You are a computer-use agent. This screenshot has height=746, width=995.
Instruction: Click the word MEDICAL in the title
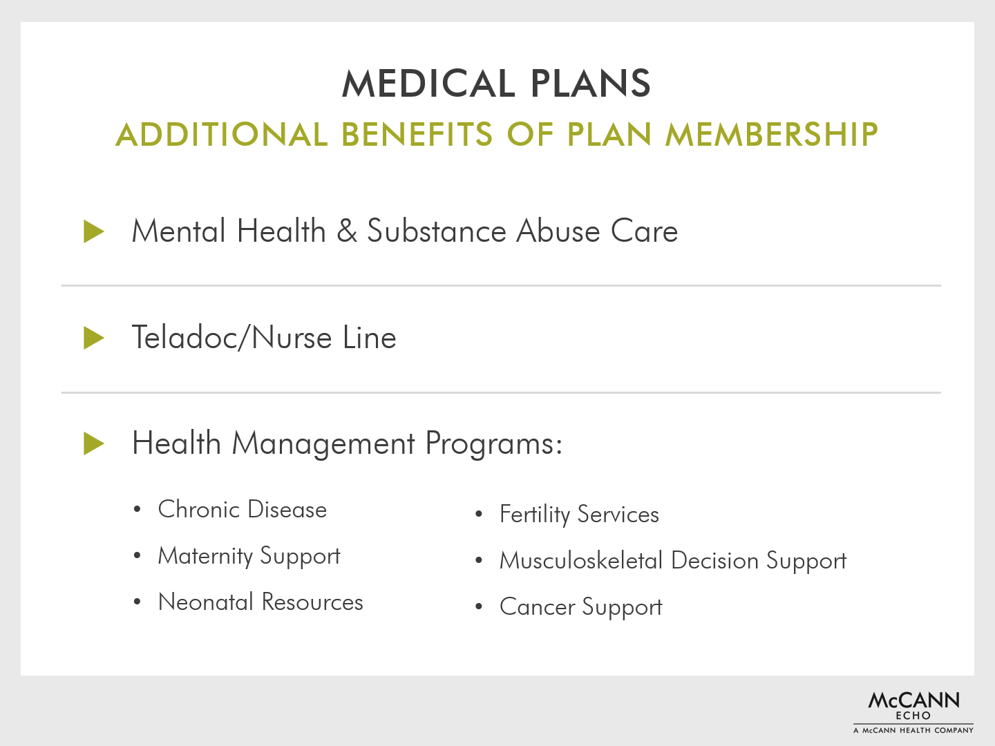[429, 84]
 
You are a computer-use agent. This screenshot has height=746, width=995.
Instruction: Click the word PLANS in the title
[591, 84]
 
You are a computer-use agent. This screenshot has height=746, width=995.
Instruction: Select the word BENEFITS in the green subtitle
[417, 135]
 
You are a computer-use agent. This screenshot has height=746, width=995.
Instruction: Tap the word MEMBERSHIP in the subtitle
[772, 135]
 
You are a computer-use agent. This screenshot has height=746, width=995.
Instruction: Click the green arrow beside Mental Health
[94, 231]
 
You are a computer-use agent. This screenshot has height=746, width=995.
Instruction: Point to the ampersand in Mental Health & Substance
[347, 231]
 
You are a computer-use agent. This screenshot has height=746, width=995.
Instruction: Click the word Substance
[436, 231]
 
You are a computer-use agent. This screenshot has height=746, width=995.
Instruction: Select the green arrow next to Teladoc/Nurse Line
[94, 338]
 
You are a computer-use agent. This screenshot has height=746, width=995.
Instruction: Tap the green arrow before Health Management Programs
[94, 443]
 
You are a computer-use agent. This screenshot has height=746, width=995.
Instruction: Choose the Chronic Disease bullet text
[242, 509]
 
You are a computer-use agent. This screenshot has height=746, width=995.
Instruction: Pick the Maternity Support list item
[249, 556]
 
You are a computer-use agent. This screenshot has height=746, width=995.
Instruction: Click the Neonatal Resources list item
[260, 602]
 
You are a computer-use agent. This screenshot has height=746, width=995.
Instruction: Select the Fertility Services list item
[579, 515]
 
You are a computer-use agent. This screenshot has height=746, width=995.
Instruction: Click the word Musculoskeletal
[581, 560]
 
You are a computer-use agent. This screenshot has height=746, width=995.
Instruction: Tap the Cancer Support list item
[580, 607]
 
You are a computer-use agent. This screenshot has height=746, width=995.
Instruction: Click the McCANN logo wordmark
[913, 700]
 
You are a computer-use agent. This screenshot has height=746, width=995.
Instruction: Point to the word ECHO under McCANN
[913, 716]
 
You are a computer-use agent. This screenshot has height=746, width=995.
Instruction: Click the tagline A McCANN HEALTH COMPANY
[913, 730]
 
